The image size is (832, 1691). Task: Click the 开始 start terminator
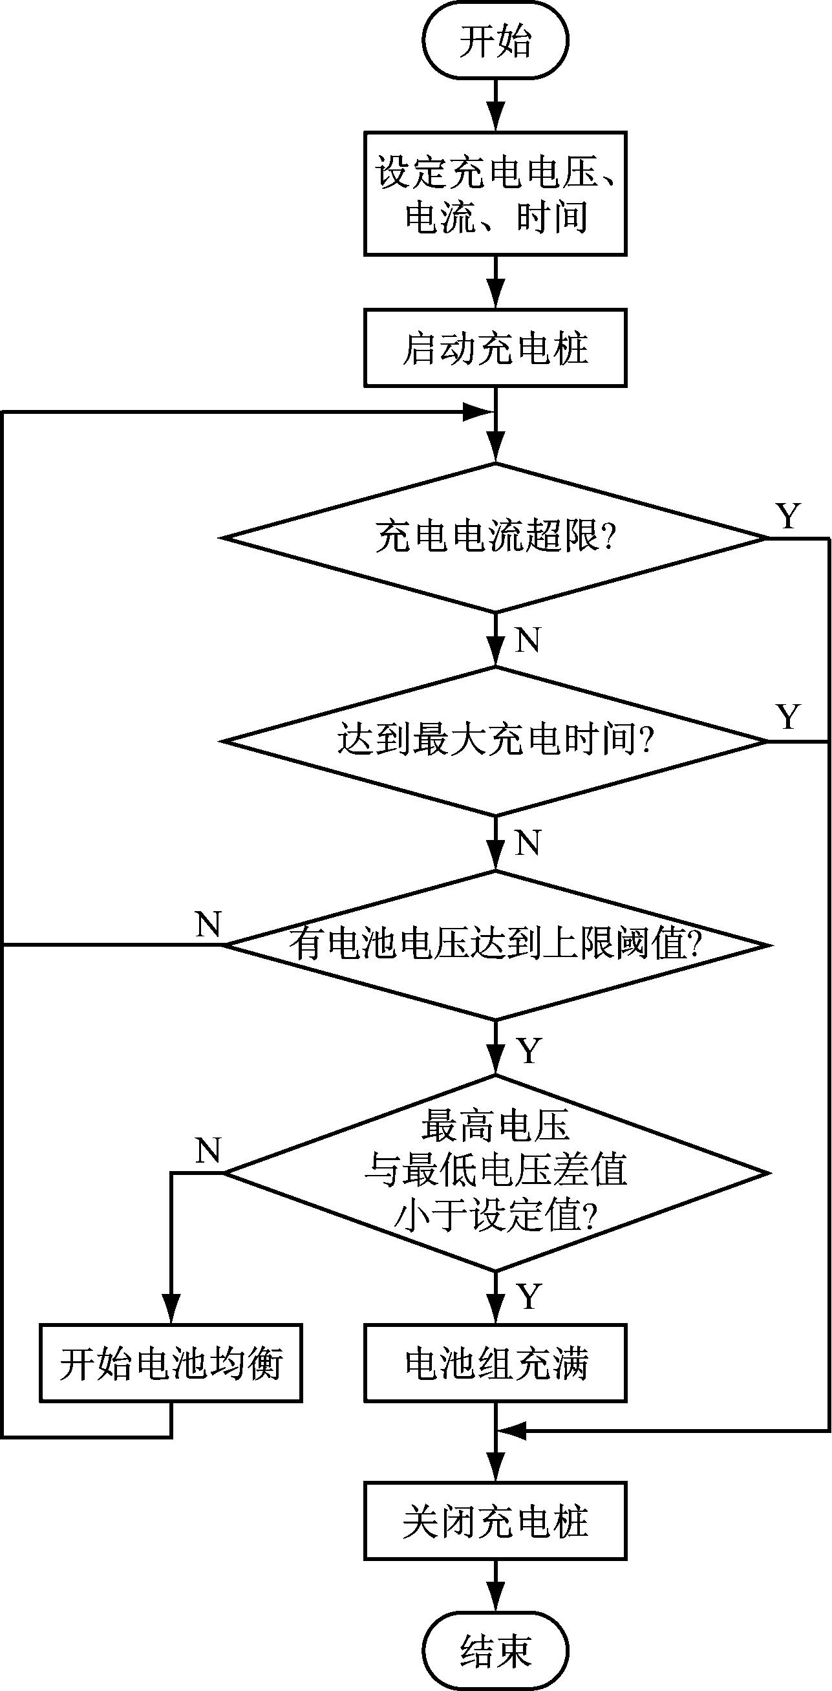[x=495, y=41]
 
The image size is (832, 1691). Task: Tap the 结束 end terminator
[x=495, y=1650]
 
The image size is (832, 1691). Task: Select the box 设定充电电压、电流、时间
[x=495, y=193]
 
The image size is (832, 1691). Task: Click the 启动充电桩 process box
[x=495, y=348]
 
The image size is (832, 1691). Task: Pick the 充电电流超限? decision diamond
[x=495, y=537]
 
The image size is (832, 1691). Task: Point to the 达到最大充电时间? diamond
[x=495, y=741]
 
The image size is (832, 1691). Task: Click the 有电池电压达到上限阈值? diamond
[x=495, y=945]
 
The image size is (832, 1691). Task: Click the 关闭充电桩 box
[x=495, y=1521]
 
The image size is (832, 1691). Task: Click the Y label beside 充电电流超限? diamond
[x=788, y=517]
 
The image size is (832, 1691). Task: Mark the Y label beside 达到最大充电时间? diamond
[x=788, y=718]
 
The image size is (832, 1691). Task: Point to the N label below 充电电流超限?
[x=528, y=640]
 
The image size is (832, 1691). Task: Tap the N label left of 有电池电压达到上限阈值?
[x=209, y=925]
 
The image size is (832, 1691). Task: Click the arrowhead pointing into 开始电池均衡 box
[x=171, y=1313]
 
